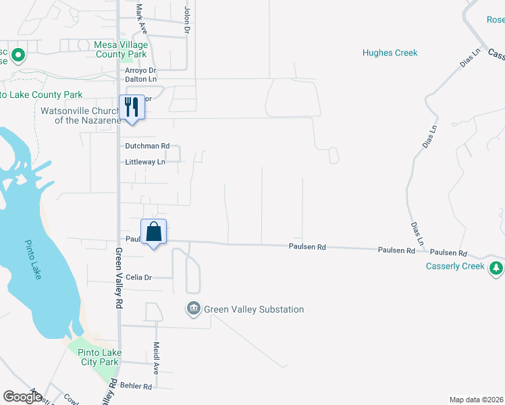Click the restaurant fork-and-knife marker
(x=132, y=107)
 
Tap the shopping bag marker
(x=154, y=232)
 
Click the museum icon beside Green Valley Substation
(x=194, y=309)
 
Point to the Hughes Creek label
(x=390, y=53)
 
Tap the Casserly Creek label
(x=455, y=266)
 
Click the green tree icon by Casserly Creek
(x=497, y=268)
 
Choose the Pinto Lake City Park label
(x=99, y=357)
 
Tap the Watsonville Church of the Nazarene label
(x=80, y=115)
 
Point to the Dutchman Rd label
(x=147, y=146)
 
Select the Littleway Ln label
(x=144, y=162)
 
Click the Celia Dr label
(x=139, y=277)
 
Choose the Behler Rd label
(x=137, y=387)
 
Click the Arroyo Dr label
(x=140, y=70)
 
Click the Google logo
(x=22, y=397)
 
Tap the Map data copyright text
(x=476, y=400)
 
